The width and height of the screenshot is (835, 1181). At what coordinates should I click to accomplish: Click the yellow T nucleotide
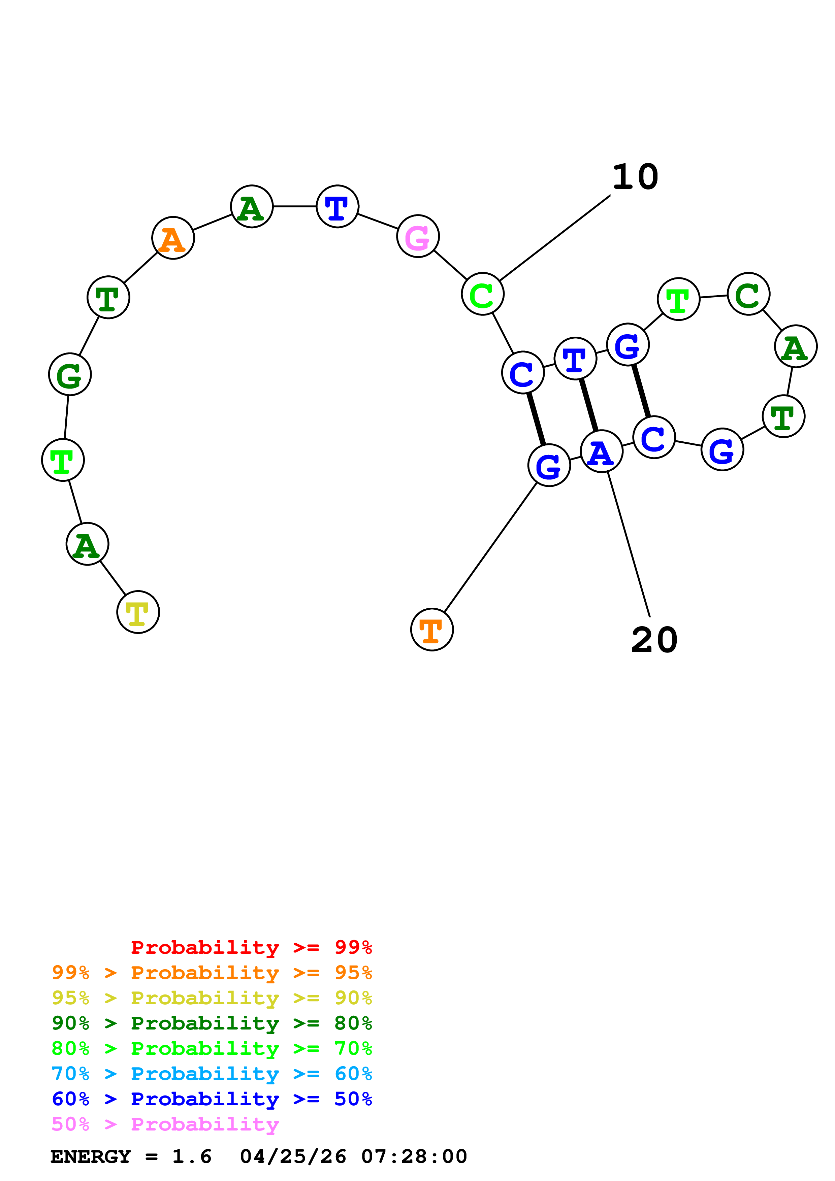(x=138, y=612)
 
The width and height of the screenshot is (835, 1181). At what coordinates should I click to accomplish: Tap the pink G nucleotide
(x=418, y=237)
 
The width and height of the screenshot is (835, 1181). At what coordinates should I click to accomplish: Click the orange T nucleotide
(x=432, y=630)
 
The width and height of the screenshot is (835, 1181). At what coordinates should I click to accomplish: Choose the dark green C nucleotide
(x=748, y=294)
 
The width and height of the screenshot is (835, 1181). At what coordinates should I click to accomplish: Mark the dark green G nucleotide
(x=69, y=374)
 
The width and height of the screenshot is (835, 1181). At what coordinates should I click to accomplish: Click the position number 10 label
(x=635, y=177)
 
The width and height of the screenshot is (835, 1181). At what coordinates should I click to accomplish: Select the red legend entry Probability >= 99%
(x=251, y=947)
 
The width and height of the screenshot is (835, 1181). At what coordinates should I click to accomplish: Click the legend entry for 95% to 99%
(x=212, y=973)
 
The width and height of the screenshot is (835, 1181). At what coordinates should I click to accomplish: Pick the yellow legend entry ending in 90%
(x=212, y=998)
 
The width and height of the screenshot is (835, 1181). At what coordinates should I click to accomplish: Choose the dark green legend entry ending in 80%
(x=212, y=1023)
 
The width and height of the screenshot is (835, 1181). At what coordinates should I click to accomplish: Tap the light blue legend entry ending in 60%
(x=212, y=1074)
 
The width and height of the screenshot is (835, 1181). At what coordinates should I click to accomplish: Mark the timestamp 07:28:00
(x=414, y=1157)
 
